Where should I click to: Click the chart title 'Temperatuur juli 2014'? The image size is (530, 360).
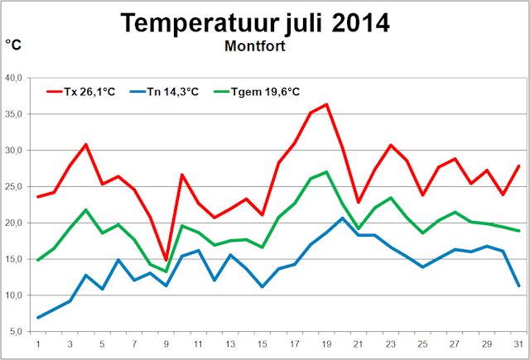pos(254,22)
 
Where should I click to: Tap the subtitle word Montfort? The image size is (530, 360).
pos(254,46)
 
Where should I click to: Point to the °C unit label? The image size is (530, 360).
pos(15,45)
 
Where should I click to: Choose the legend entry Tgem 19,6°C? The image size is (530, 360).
pos(257,91)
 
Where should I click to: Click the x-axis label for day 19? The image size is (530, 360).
pos(326,343)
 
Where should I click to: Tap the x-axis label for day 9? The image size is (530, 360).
pos(166,343)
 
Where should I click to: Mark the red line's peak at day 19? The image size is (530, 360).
pos(326,104)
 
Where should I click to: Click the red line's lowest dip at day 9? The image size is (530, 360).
pos(166,260)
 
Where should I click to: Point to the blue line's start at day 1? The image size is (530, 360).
pos(38,317)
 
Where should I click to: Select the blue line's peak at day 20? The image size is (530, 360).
pos(343,218)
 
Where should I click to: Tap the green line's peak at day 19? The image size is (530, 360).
pos(326,172)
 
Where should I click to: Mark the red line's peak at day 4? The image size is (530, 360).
pos(86,144)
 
